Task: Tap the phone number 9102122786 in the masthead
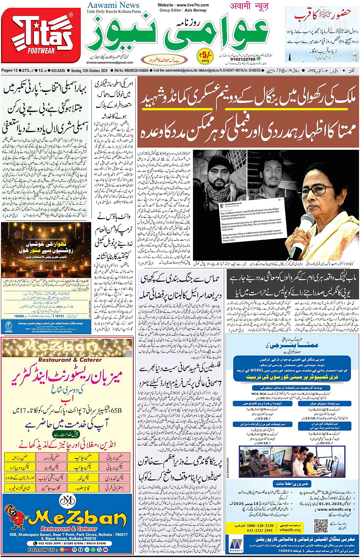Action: tap(243, 59)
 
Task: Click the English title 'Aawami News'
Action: tap(113, 5)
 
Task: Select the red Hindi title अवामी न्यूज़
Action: tap(249, 6)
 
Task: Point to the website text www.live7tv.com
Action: tap(183, 5)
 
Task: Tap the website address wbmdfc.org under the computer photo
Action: tap(290, 530)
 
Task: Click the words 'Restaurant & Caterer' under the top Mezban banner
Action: tap(70, 359)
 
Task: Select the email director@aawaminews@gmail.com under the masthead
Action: tap(110, 63)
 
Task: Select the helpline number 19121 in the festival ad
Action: tap(59, 316)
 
